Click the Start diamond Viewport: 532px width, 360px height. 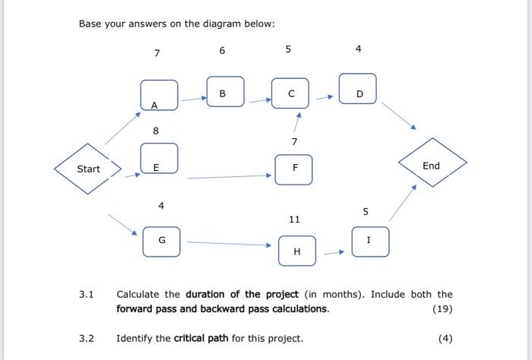(x=88, y=169)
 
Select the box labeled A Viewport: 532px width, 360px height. (x=159, y=96)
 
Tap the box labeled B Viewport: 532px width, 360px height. (x=226, y=92)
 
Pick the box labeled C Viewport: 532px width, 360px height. (x=290, y=93)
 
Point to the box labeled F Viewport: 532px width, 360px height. (x=293, y=169)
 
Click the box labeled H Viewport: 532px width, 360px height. (x=296, y=251)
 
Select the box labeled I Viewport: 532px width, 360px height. (x=370, y=242)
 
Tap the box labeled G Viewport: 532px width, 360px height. (x=162, y=241)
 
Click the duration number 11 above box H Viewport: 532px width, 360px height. (x=294, y=219)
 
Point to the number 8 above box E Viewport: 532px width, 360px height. (x=156, y=131)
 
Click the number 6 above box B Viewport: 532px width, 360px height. (x=222, y=51)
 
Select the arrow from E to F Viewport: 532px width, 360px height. (x=229, y=176)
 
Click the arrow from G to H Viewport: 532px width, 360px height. (x=229, y=244)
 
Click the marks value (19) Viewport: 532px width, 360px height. (x=442, y=309)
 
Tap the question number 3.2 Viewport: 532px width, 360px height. (x=86, y=339)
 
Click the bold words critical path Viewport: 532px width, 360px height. (x=201, y=339)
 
